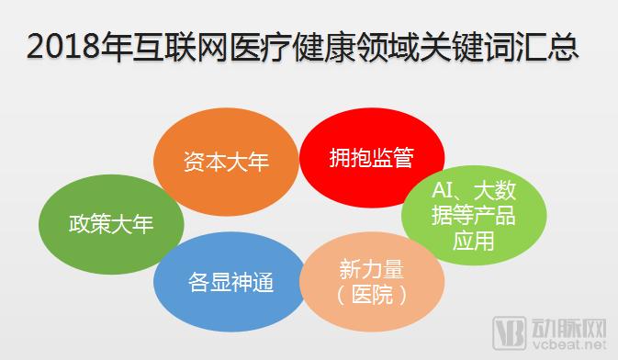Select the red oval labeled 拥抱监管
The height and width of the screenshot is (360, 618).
(371, 159)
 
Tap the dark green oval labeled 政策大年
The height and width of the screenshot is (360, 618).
(110, 223)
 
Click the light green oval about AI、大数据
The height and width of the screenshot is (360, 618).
(473, 217)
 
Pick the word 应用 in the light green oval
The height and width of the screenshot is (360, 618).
(473, 241)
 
